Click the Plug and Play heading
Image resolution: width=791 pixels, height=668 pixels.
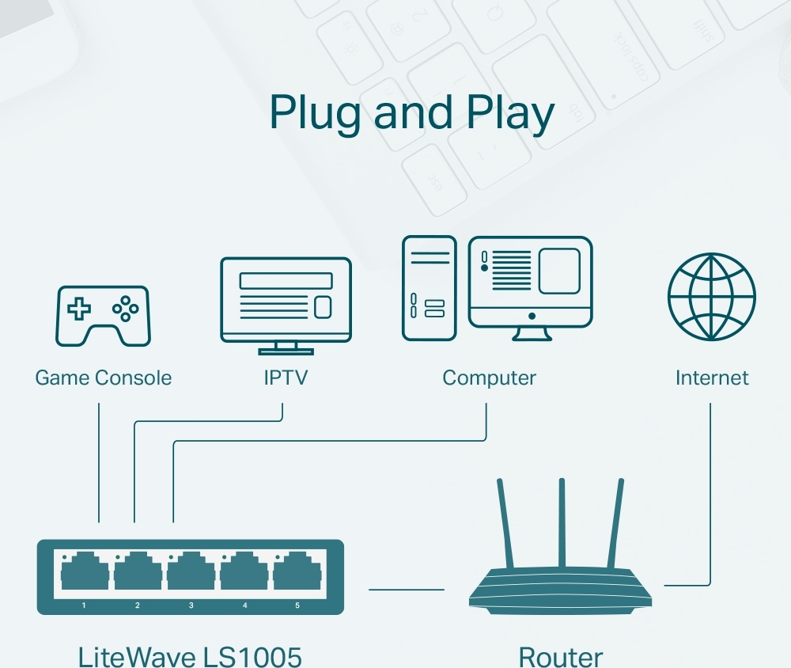[411, 112]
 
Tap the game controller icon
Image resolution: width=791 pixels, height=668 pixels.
[102, 316]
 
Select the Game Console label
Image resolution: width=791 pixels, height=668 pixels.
[103, 378]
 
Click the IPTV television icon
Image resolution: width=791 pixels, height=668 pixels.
[286, 304]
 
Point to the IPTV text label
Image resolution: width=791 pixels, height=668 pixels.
[285, 378]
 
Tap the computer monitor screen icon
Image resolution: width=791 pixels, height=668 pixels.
[530, 283]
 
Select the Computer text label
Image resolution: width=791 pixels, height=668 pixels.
[489, 378]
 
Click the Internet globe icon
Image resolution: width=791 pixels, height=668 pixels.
[711, 297]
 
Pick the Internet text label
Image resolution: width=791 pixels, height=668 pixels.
[711, 378]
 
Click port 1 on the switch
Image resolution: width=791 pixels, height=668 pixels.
[85, 571]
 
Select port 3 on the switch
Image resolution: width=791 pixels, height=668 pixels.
[191, 571]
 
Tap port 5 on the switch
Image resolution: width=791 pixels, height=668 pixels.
[297, 571]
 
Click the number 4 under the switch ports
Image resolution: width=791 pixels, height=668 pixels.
[244, 605]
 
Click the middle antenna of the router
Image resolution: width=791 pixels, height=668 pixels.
[562, 522]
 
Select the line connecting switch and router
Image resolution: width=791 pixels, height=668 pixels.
[407, 590]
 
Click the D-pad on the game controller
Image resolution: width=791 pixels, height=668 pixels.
[78, 309]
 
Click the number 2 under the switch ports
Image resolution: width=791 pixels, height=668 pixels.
[138, 605]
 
